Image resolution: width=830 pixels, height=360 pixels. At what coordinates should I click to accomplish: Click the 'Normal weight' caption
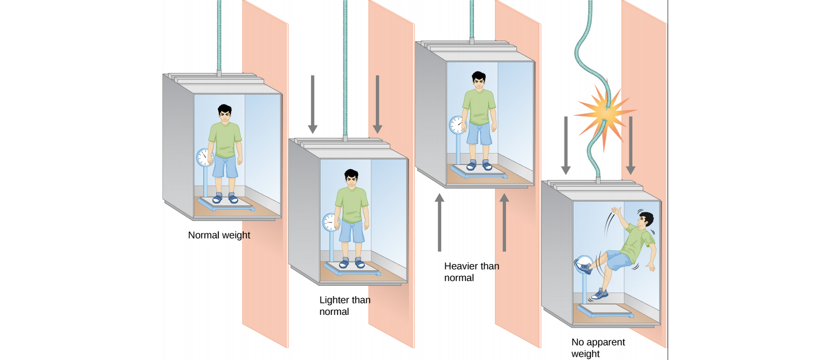(219, 235)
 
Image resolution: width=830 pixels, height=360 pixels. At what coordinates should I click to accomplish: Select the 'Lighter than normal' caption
(345, 306)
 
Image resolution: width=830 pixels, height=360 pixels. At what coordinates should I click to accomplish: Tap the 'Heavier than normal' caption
(472, 272)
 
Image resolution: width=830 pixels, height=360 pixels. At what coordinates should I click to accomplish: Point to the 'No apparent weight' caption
(598, 348)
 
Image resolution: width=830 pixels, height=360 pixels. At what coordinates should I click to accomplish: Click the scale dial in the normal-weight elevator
(204, 157)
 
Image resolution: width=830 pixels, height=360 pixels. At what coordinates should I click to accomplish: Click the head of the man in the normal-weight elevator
(225, 113)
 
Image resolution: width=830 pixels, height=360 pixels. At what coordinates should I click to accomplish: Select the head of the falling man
(645, 221)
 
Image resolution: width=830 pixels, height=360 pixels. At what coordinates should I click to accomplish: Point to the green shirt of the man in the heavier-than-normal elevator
(479, 107)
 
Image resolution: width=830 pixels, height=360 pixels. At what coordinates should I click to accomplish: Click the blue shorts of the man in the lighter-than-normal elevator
(352, 231)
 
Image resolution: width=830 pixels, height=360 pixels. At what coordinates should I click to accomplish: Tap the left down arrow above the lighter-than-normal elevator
(313, 104)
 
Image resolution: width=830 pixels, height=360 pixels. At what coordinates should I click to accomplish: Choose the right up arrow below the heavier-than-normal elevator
(504, 223)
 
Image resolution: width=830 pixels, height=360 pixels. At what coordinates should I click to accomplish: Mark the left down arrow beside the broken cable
(566, 146)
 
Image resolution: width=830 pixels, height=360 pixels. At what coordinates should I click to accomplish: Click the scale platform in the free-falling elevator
(605, 310)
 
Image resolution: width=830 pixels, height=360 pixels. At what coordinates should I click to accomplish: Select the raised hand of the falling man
(616, 212)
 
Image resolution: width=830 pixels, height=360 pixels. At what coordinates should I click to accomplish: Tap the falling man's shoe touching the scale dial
(584, 268)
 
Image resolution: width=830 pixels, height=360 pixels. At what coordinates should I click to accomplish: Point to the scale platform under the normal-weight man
(226, 204)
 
